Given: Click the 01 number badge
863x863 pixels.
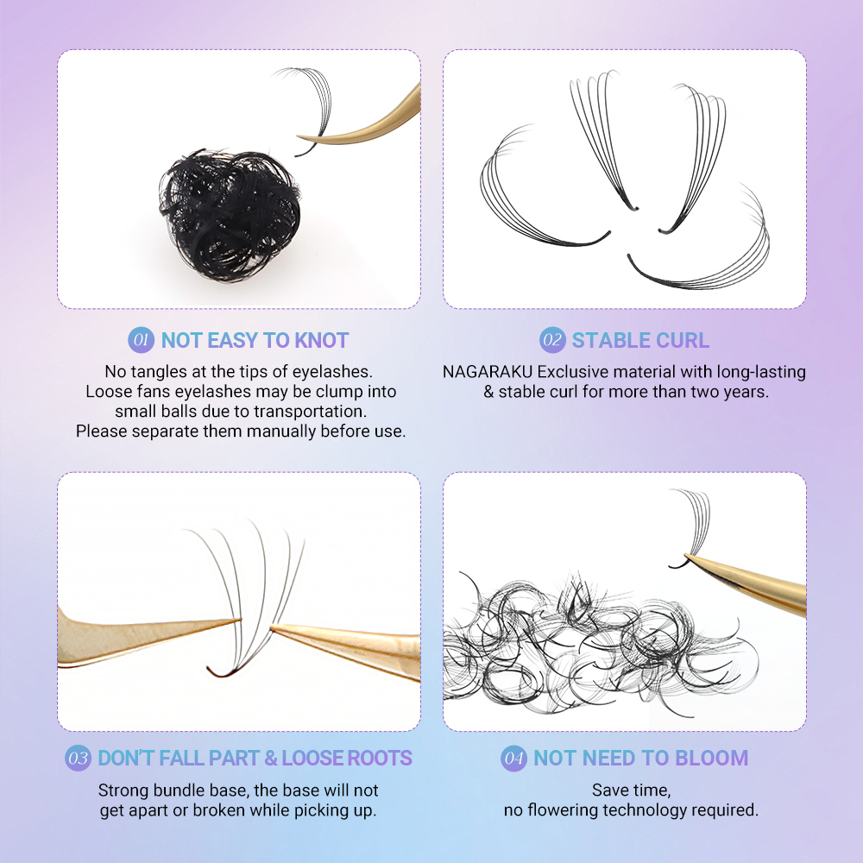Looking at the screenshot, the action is (x=141, y=339).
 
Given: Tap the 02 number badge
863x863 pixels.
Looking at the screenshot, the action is (x=552, y=339).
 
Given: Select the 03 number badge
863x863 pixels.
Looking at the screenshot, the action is (x=79, y=758).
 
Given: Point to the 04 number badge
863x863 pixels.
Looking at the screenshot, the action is (x=514, y=758).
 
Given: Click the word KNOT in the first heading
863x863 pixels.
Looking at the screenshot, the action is (x=322, y=340).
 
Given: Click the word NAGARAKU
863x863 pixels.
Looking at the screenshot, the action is (x=488, y=372).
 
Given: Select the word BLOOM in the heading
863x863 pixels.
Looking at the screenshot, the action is (x=712, y=758).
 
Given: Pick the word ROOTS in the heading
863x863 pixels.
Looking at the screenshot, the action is (x=379, y=758).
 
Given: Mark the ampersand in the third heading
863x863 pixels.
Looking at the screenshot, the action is (x=271, y=758).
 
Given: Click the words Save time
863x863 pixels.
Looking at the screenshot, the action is (x=632, y=791).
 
